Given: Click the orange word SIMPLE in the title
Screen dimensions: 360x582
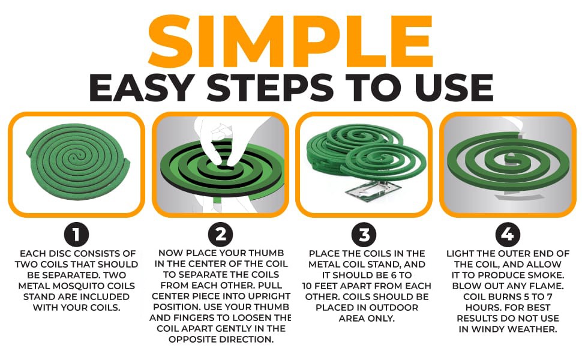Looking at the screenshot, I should point(291,37).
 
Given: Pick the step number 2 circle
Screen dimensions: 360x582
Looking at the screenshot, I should point(220,235).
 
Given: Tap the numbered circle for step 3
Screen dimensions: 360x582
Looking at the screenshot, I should point(364,235).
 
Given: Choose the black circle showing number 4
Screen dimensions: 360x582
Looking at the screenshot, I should point(508,235).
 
